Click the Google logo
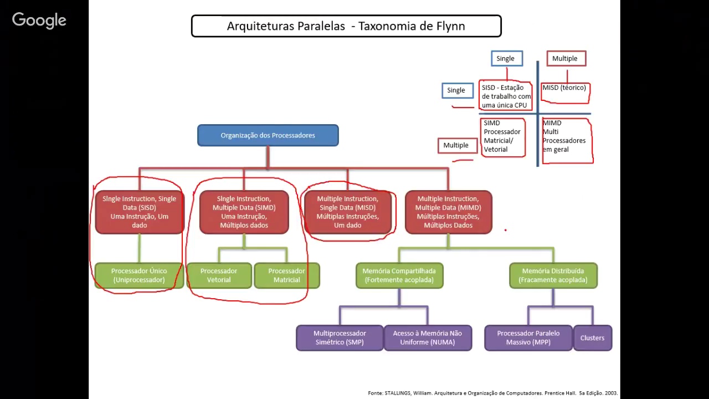[x=39, y=21]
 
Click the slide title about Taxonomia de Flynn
[x=346, y=26]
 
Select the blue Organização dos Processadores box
[x=268, y=135]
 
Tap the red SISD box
[x=139, y=212]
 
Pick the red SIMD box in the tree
[x=244, y=212]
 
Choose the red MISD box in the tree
[x=347, y=212]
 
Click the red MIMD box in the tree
[x=448, y=212]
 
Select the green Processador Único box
[x=138, y=275]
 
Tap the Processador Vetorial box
[x=219, y=275]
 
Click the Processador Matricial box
[x=286, y=275]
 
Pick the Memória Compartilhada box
[x=399, y=275]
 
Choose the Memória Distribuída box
[x=553, y=275]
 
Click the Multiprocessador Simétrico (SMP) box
[x=340, y=337]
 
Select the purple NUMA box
[x=427, y=337]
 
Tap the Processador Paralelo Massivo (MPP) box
[x=528, y=337]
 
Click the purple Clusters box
[x=592, y=337]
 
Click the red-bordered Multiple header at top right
[x=565, y=58]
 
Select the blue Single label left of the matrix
[x=456, y=90]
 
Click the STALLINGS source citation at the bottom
[x=492, y=393]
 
